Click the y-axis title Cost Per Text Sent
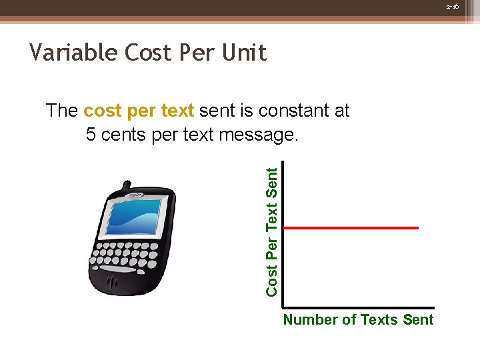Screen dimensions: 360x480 [271, 231]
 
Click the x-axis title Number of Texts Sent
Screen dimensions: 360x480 [358, 320]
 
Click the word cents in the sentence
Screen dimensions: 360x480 [125, 135]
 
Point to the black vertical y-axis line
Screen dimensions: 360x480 [282, 233]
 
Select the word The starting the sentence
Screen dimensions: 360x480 [62, 111]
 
